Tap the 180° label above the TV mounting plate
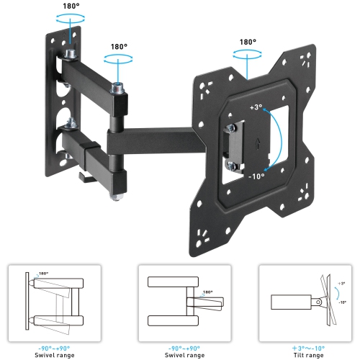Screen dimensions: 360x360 tap(249, 42)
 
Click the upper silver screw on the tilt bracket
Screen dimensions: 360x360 tap(230, 127)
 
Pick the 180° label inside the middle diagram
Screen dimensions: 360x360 tap(208, 292)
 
